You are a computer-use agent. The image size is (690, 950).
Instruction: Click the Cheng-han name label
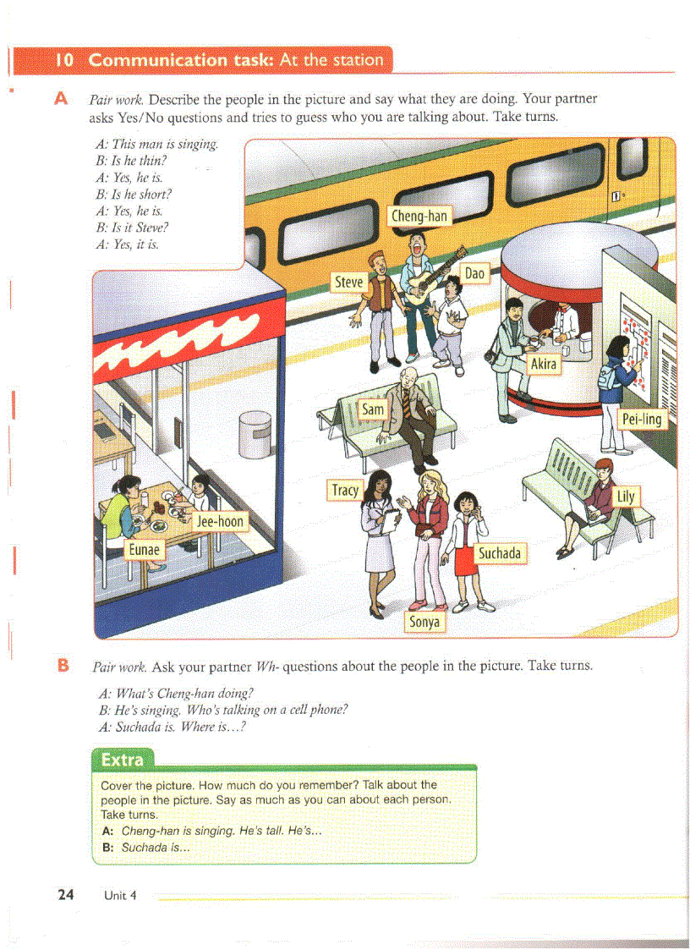419,216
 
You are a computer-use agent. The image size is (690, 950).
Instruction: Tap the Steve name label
349,282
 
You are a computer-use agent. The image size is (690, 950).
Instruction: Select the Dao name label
474,273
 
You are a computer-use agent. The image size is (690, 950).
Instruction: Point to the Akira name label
543,364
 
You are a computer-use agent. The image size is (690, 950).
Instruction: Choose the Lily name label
625,496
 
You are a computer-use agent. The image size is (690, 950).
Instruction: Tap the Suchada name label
499,553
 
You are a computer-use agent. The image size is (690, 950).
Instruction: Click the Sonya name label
424,622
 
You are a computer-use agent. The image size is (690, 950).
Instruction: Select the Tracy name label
345,490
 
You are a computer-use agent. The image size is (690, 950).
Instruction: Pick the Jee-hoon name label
220,521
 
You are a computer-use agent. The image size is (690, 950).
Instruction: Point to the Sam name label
373,409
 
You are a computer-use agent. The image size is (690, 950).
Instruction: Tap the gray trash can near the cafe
254,434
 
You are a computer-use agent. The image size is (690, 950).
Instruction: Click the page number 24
66,894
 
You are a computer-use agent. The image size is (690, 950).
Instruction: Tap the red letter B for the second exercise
62,666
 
